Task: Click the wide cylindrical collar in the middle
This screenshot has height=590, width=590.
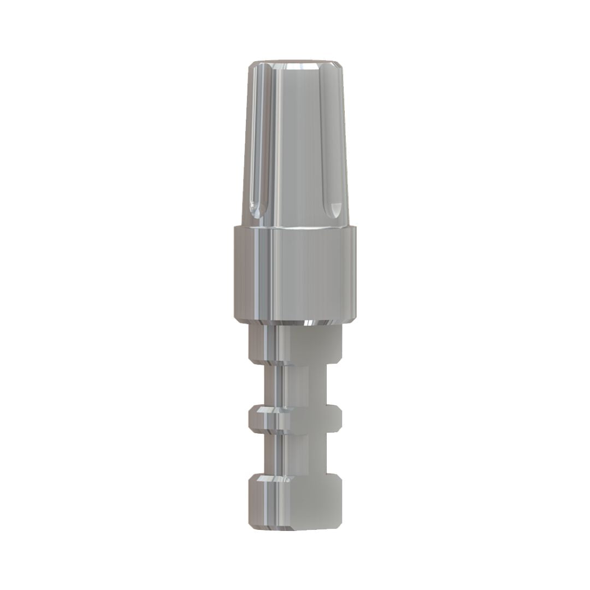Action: coord(295,273)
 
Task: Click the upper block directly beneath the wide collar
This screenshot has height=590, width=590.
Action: coord(296,344)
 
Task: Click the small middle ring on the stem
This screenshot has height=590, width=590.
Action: coord(296,418)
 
